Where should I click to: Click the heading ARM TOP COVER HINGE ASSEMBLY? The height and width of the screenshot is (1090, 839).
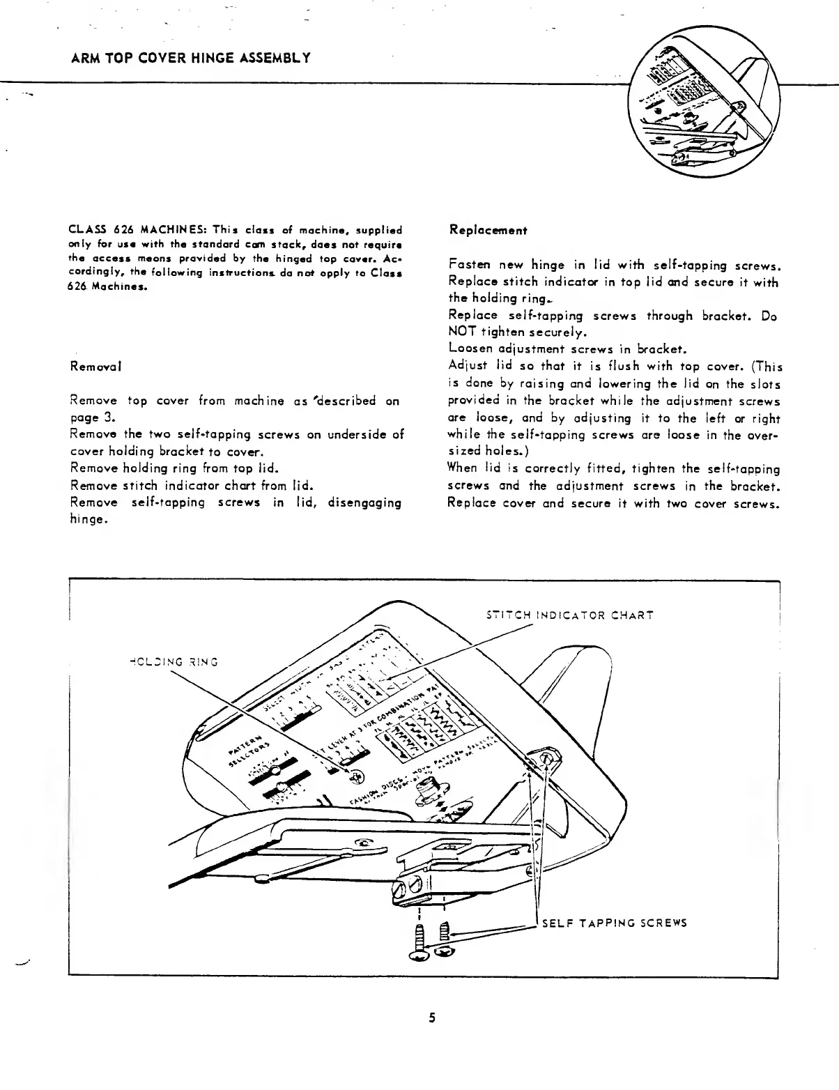click(x=190, y=57)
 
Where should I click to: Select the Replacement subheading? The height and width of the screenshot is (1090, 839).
click(x=488, y=230)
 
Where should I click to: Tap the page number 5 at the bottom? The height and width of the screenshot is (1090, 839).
click(x=432, y=1018)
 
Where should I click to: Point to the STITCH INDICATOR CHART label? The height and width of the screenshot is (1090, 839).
click(x=569, y=615)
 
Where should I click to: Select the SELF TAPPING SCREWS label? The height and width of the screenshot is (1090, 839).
click(x=615, y=923)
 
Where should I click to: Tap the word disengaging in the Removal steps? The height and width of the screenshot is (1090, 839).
click(x=364, y=502)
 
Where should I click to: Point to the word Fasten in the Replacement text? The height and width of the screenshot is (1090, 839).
click(x=470, y=265)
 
